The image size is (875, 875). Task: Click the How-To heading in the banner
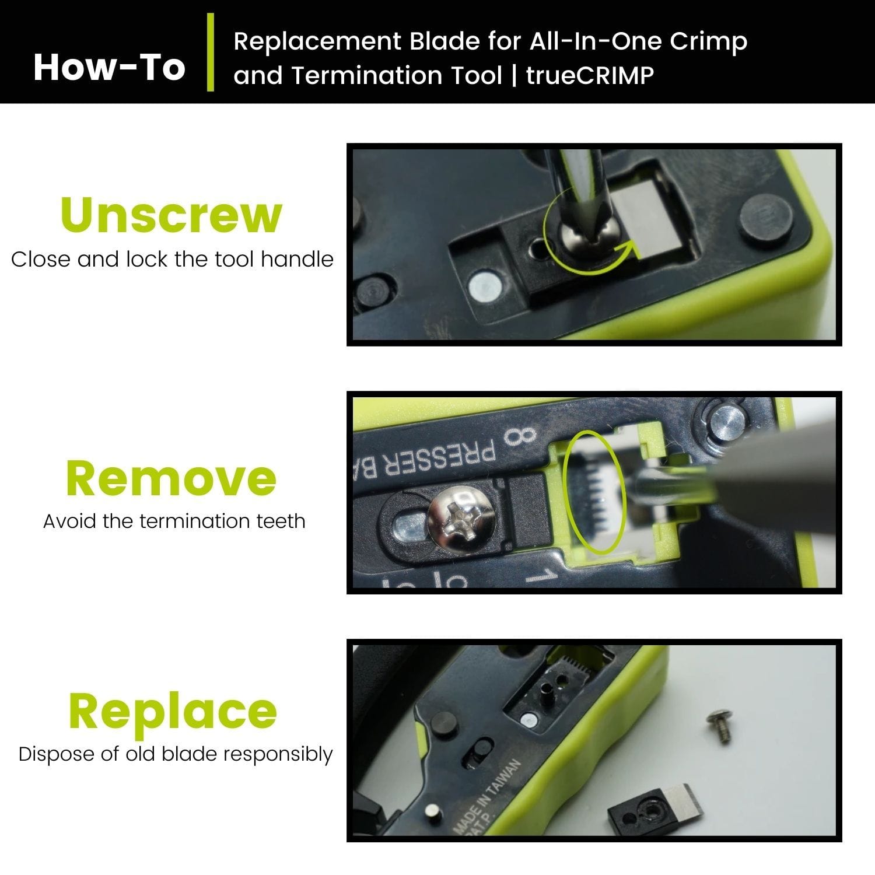[109, 67]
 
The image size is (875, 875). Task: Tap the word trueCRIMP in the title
[590, 76]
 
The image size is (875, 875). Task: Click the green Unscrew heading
[171, 215]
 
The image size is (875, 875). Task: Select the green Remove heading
[171, 478]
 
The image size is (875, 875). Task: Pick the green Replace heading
[172, 711]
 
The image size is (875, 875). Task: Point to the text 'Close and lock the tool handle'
[172, 259]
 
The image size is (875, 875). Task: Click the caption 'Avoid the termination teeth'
[174, 521]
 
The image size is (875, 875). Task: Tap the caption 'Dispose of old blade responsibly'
[175, 754]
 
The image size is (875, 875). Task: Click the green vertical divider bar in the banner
[211, 52]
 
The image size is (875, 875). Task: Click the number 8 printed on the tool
[520, 436]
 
